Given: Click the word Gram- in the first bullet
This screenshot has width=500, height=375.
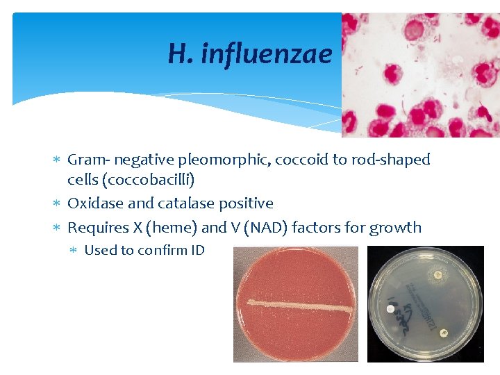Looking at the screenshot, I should tap(89, 160).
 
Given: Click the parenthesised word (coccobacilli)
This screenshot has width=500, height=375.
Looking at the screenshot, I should tap(131, 180).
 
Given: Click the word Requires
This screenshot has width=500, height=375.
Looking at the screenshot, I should tap(96, 227).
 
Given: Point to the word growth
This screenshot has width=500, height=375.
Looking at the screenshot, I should tap(397, 227).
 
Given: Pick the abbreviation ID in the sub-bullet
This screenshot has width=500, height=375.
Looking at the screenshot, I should tap(197, 250).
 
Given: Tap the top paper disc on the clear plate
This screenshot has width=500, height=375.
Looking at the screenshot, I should tap(438, 276).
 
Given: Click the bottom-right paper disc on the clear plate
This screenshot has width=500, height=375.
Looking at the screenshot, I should tap(444, 331).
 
